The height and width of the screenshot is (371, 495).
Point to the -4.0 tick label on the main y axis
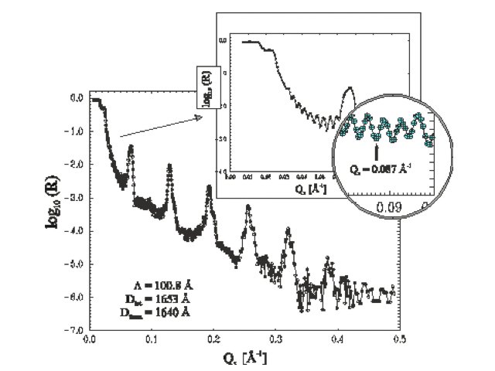[77, 231]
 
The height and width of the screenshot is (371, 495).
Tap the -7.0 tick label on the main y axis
[77, 330]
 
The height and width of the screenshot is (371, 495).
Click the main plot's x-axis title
[245, 358]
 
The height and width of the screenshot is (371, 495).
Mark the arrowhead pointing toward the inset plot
[199, 117]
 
